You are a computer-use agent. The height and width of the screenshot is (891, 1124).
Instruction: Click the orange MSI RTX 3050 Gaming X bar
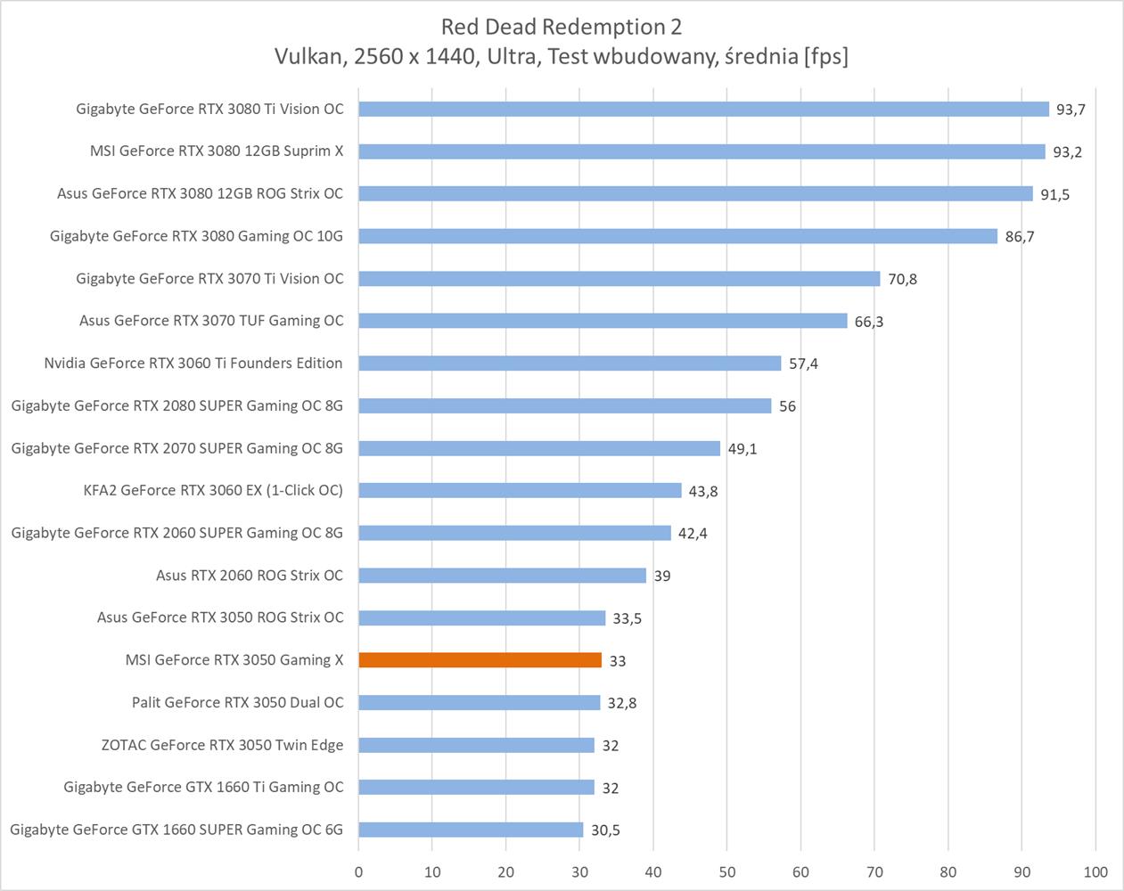tap(480, 660)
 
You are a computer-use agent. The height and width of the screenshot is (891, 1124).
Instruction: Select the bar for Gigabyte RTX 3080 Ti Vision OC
tap(703, 109)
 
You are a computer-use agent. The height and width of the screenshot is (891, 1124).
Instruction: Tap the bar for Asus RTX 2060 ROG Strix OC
tap(502, 576)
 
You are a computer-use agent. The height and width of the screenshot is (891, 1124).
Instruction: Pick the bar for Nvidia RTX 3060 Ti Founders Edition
tap(570, 364)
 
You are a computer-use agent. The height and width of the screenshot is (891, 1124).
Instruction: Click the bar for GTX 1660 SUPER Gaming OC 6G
tap(471, 830)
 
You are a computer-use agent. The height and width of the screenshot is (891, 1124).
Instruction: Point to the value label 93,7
tap(1071, 110)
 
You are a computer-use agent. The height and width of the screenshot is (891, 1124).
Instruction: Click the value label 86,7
tap(1019, 237)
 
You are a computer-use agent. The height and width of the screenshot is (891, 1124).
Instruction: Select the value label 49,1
tap(742, 449)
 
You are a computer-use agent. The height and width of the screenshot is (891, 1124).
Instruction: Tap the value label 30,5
tap(605, 830)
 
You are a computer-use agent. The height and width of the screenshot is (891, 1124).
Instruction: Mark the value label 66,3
tap(868, 322)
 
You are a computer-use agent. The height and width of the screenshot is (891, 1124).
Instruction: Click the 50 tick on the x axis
tap(727, 871)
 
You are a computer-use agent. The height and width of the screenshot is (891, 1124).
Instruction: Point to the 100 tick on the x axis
tap(1095, 871)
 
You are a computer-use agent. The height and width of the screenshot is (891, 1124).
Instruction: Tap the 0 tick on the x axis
tap(359, 871)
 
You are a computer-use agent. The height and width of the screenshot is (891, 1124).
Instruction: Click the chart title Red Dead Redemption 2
tap(562, 27)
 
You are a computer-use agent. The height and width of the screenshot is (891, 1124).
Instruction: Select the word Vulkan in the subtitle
tap(308, 57)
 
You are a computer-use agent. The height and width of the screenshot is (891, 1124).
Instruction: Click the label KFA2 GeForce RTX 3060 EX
tap(213, 490)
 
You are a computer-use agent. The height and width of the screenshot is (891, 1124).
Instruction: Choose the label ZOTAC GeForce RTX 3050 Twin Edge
tap(222, 745)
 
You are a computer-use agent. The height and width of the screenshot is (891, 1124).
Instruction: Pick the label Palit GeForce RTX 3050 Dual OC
tap(237, 702)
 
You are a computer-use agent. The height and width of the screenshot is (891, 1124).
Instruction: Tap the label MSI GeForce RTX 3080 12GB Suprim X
tap(217, 151)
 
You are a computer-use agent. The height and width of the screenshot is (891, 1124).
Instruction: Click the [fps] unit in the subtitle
tap(825, 57)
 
